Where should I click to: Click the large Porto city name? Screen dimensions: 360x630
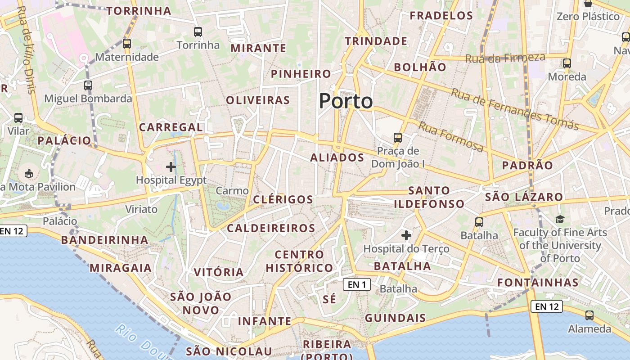coord(346,101)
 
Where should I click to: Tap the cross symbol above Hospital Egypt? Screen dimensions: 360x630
coord(171,167)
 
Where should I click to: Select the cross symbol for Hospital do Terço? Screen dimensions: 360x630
coord(406,235)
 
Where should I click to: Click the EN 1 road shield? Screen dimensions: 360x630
coord(356,284)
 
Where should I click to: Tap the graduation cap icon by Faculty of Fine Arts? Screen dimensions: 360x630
coord(560,219)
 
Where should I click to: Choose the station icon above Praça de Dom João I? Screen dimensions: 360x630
coord(398,137)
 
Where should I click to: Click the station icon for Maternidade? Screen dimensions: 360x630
coord(127,44)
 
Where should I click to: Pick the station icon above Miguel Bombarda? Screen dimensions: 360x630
coord(88,85)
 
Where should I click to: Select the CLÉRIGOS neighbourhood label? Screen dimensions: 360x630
coord(283,199)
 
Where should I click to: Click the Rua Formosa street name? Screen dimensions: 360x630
coord(451,136)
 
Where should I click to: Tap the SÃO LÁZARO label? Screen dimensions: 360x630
coord(524,197)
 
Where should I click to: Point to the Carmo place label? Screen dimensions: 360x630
coord(232,191)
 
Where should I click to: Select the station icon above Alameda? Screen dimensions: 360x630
coord(589,315)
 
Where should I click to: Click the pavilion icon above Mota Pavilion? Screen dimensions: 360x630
coord(29,173)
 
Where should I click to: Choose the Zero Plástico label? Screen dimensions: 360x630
coord(588,17)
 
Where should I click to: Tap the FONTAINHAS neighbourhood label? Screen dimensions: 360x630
coord(538,283)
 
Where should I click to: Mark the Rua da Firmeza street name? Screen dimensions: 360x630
coord(505,58)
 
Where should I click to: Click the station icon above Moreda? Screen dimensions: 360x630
coord(567,63)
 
